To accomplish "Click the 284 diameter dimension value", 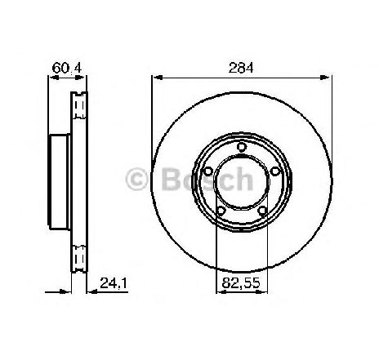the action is click(x=241, y=68).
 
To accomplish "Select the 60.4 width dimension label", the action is click(x=67, y=68).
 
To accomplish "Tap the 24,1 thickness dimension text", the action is click(x=114, y=283).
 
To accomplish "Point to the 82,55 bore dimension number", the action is click(x=241, y=283).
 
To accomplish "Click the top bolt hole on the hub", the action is click(x=241, y=147).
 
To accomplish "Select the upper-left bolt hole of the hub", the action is click(x=208, y=171).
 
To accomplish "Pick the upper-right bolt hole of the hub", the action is click(x=275, y=171).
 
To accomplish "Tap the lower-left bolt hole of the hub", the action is click(x=221, y=211).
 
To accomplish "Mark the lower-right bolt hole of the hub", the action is click(x=262, y=211).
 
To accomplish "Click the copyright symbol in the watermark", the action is click(x=136, y=180).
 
